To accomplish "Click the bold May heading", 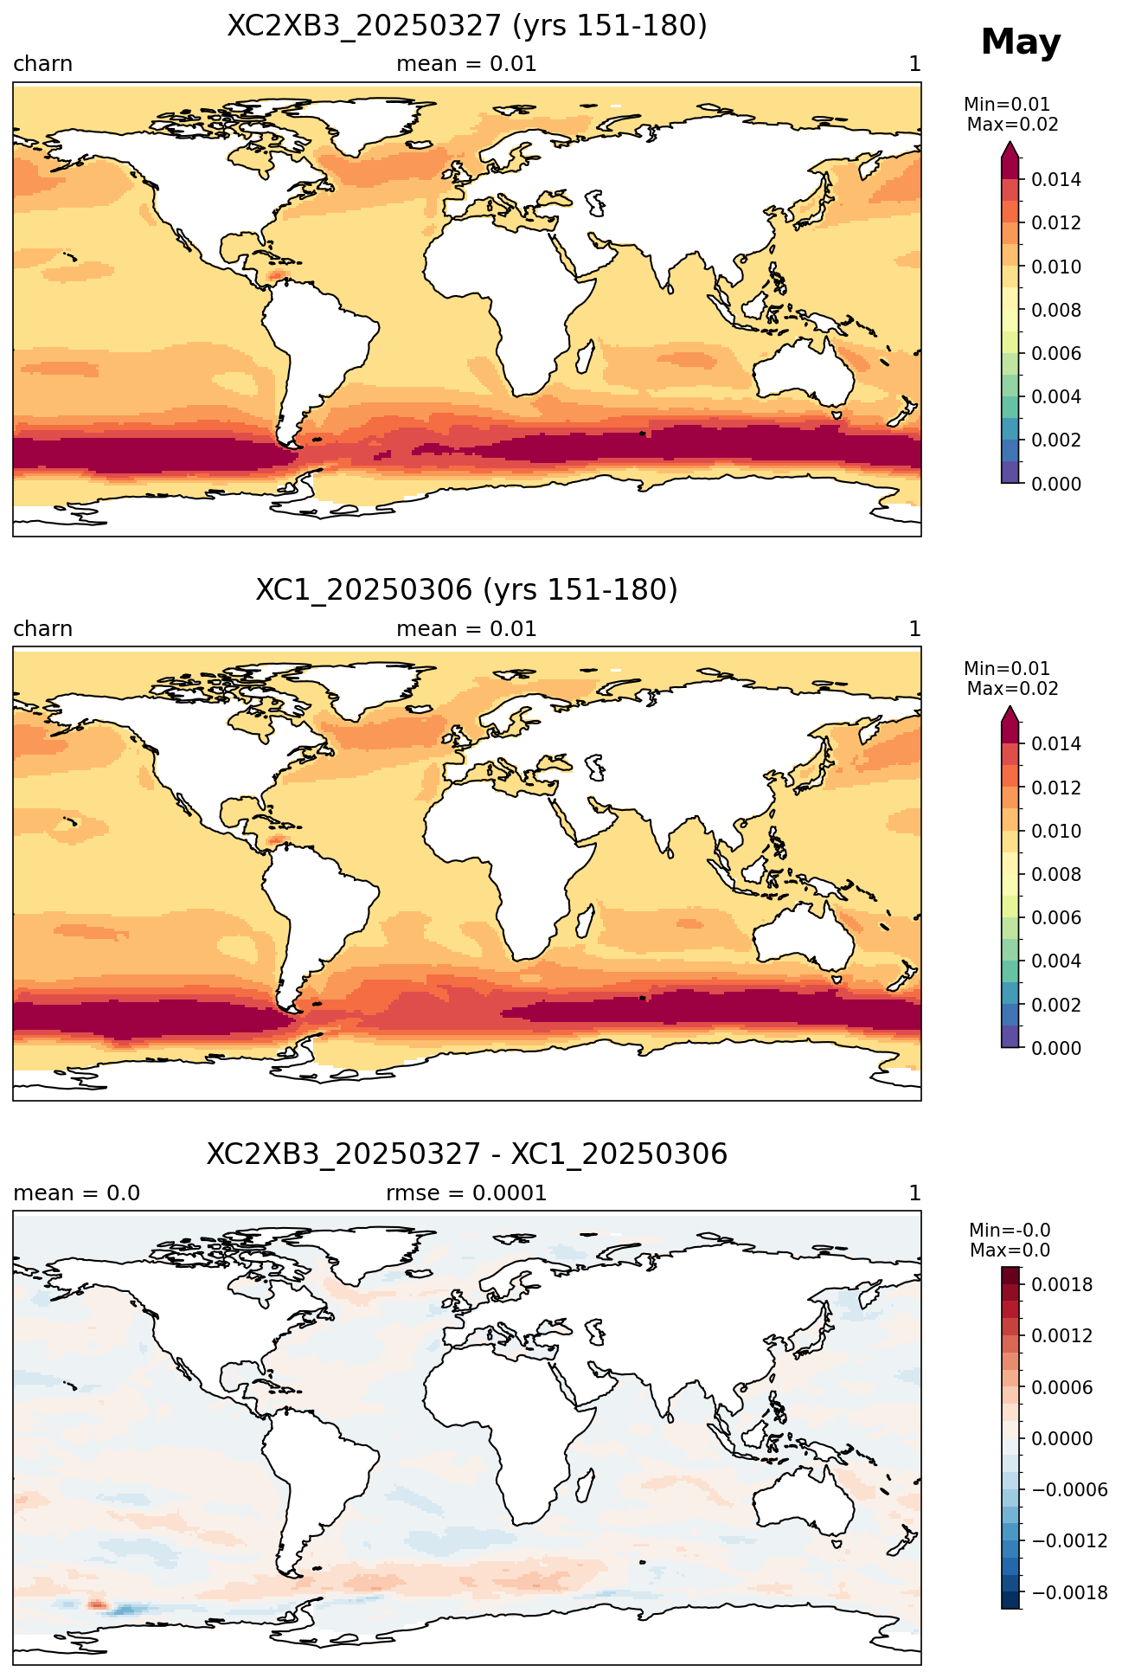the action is pos(1020,42).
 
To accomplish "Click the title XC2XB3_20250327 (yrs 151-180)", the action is pos(467,26).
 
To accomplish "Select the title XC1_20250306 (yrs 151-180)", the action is pos(467,590).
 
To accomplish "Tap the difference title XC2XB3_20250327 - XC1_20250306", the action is pos(467,1154).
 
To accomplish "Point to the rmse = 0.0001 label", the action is pos(466,1193).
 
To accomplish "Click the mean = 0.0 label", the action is pos(76,1193).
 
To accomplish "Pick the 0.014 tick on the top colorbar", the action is pos(1055,180).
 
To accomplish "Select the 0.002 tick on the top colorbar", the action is pos(1055,440).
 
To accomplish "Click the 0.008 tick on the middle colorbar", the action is pos(1055,875).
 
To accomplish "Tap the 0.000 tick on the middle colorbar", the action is pos(1055,1048).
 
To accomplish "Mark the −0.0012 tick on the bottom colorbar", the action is pos(1069,1541).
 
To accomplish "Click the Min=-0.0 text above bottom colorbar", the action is pos(1010,1231).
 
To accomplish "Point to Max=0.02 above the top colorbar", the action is pos(1012,125).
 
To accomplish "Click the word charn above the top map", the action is pos(42,64).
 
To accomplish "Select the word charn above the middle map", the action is pos(42,629).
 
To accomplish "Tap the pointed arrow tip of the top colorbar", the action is pos(1010,144).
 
